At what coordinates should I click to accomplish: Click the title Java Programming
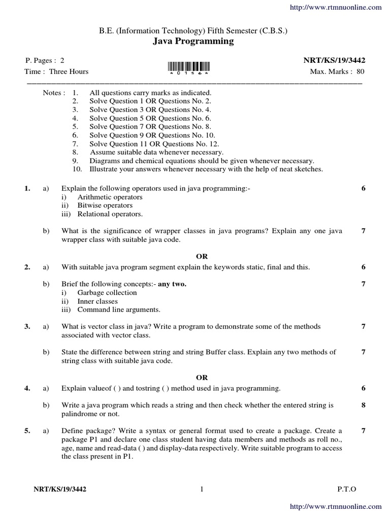(193, 42)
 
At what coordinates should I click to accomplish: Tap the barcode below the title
(188, 67)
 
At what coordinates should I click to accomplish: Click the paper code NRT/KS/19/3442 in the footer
(63, 489)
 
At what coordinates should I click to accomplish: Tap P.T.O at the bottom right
(347, 489)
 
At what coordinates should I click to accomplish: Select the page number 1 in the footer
(202, 489)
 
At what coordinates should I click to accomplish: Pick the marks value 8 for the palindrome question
(363, 405)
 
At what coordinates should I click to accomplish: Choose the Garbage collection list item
(107, 292)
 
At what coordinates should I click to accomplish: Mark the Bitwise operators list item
(105, 205)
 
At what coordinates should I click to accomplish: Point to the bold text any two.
(172, 284)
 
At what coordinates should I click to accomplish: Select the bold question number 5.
(27, 431)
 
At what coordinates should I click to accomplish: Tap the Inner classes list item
(97, 301)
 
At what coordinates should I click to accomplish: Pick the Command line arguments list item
(118, 309)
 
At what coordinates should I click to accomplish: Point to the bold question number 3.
(27, 327)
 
